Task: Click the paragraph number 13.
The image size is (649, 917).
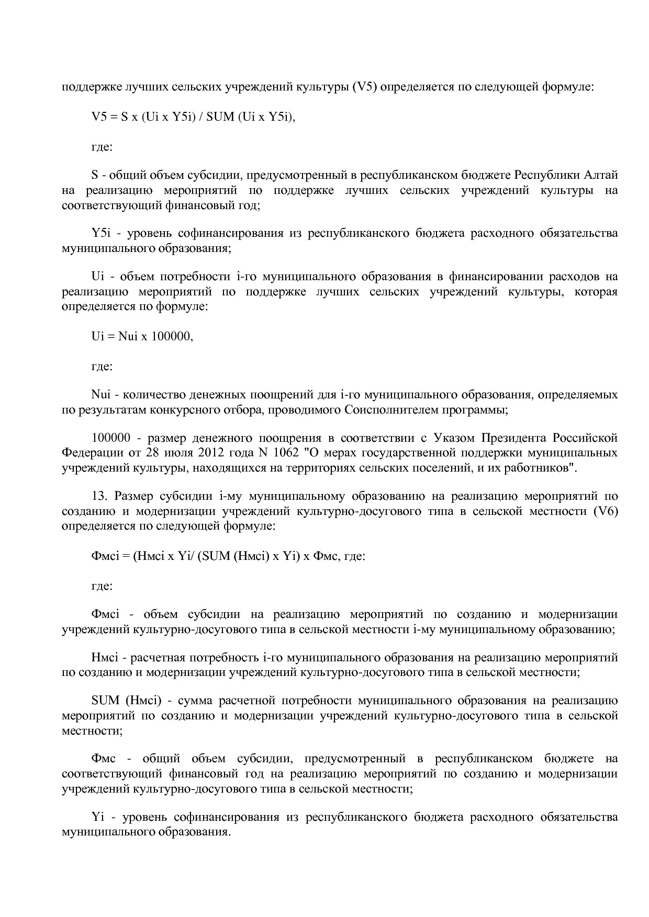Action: click(99, 496)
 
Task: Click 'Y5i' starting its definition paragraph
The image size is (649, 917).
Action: click(99, 233)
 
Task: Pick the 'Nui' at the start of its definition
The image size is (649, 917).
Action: click(99, 394)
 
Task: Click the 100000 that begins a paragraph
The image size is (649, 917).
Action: click(110, 438)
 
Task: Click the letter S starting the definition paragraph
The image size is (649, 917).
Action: click(94, 174)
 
